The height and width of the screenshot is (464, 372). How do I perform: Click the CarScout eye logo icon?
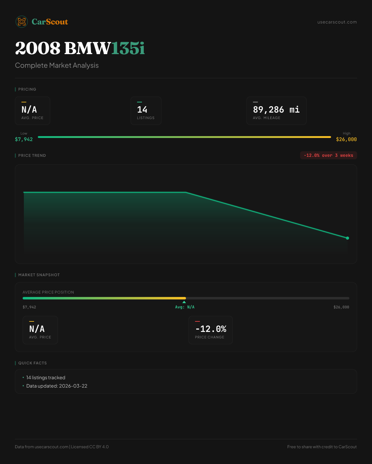point(22,22)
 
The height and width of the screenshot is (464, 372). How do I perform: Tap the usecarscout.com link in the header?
point(337,22)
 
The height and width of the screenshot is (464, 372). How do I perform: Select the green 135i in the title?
point(128,48)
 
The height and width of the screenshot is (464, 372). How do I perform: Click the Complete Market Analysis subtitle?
point(57,65)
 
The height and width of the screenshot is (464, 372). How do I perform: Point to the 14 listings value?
point(142,110)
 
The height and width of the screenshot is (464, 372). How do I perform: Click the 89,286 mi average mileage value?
point(276,110)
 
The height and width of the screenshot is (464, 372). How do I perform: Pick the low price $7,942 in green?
point(24,139)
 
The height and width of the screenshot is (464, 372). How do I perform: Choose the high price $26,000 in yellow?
point(346,139)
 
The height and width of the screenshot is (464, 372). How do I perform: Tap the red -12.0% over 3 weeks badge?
point(328,155)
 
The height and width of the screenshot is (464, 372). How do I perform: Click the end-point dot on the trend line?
point(348,238)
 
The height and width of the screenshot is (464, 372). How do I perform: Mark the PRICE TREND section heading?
point(32,156)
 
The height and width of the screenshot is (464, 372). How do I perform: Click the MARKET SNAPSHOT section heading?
point(39,275)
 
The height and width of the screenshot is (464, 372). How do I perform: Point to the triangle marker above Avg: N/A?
point(184,302)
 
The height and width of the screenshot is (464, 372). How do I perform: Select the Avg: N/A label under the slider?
point(185,307)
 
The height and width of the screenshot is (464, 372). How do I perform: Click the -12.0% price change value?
point(211,329)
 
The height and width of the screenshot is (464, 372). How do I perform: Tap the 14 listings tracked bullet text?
point(46,378)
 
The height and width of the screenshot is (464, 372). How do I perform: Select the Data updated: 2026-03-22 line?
point(57,386)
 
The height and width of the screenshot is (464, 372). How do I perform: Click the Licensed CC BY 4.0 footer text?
point(90,447)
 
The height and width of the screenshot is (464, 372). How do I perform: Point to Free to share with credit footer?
point(322,447)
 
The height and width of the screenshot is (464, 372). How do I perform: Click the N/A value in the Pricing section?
point(29,110)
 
